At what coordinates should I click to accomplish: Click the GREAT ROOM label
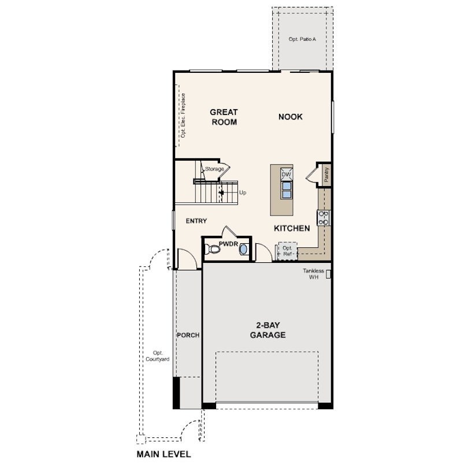(x=224, y=117)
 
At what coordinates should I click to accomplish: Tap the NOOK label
(x=291, y=117)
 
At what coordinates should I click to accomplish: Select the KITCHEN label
(x=292, y=228)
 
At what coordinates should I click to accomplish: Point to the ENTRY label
(x=196, y=221)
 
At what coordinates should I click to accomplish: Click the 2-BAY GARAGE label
(x=268, y=330)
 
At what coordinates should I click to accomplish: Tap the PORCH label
(x=188, y=335)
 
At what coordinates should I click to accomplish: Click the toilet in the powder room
(x=212, y=249)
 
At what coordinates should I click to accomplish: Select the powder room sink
(x=244, y=249)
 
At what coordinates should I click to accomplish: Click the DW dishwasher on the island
(x=286, y=174)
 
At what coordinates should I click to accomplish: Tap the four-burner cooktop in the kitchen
(x=323, y=218)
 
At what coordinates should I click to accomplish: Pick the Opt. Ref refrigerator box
(x=287, y=251)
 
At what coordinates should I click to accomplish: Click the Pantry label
(x=326, y=174)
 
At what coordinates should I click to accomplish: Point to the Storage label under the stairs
(x=214, y=169)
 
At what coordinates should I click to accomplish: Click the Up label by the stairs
(x=243, y=193)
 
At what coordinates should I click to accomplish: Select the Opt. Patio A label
(x=302, y=39)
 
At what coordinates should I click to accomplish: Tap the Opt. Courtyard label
(x=157, y=356)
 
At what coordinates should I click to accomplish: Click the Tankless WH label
(x=313, y=274)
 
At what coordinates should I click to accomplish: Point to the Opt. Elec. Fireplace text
(x=183, y=116)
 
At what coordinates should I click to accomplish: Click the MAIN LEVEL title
(x=164, y=454)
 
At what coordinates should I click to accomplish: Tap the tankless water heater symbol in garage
(x=328, y=274)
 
